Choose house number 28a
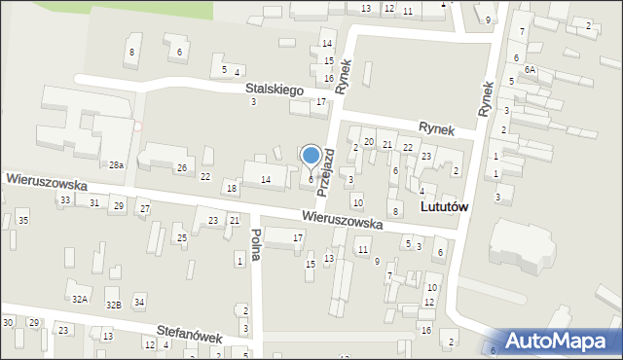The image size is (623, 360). pos(116,166)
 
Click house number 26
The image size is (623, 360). pos(181,168)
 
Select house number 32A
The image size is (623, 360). pos(80,299)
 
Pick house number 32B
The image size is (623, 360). pos(114,305)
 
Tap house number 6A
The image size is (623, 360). pos(530,70)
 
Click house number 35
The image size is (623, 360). pos(22,222)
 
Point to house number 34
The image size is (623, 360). pos(139,302)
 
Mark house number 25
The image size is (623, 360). pos(181,237)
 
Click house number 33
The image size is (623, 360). pos(65,199)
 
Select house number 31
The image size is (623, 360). pos(94,202)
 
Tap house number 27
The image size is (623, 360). pos(144,209)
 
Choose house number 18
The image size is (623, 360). pos(231,188)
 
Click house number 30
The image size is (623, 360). pos(8,322)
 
